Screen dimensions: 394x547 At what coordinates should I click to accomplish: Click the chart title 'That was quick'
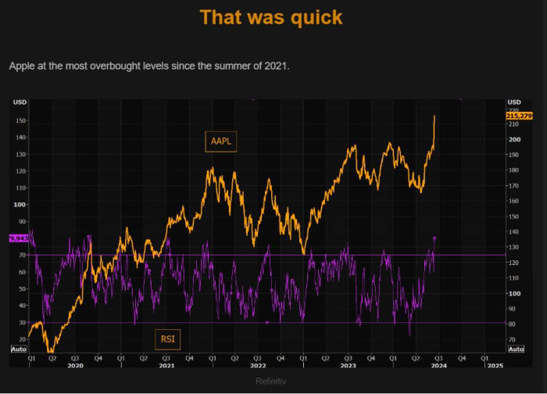tap(271, 17)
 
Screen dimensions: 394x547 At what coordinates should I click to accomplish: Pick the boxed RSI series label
tap(168, 338)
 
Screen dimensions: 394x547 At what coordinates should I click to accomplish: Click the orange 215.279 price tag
tap(520, 116)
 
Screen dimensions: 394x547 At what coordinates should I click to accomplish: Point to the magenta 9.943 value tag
tap(19, 238)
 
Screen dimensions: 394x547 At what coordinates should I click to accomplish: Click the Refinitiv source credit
tap(271, 381)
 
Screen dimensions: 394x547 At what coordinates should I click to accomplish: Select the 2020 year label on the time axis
tap(75, 365)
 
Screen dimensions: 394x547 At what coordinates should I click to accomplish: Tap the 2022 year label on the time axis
tap(258, 365)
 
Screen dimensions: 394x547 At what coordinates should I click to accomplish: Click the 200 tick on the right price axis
tap(514, 140)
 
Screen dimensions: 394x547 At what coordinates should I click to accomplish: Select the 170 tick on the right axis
tap(514, 185)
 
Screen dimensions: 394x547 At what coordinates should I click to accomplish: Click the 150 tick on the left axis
tap(20, 120)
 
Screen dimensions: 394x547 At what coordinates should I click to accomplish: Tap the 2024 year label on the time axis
tap(439, 365)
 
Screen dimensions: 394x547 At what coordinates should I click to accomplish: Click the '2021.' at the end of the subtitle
tap(277, 66)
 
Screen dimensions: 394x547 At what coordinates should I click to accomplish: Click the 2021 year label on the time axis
tap(166, 365)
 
